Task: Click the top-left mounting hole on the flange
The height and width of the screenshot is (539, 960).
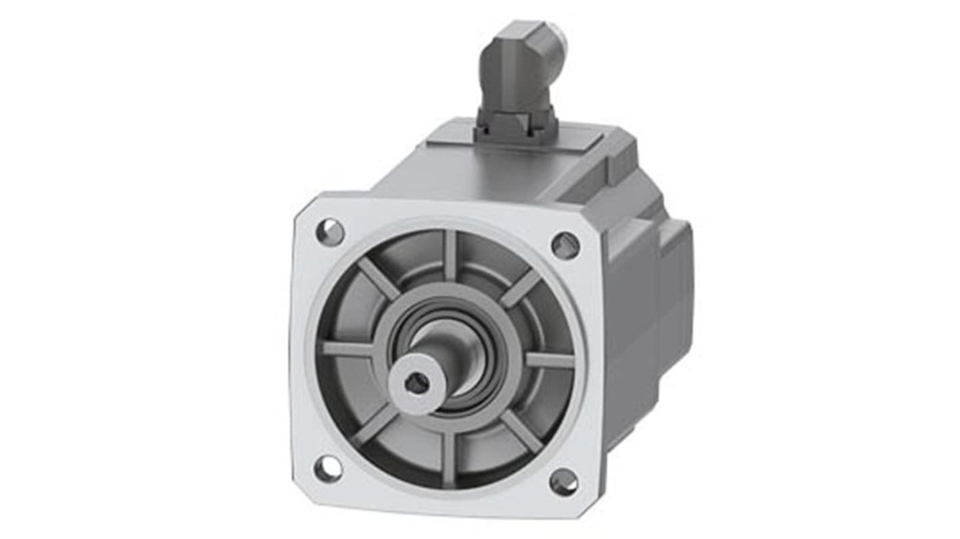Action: pyautogui.click(x=330, y=232)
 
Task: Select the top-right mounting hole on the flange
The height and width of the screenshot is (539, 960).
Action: pyautogui.click(x=565, y=245)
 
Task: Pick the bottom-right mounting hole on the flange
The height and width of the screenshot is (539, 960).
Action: pyautogui.click(x=563, y=482)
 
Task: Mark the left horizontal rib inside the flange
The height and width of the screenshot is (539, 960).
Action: pyautogui.click(x=347, y=349)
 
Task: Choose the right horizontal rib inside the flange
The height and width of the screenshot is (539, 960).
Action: pyautogui.click(x=549, y=360)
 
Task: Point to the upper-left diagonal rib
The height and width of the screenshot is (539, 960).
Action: pyautogui.click(x=378, y=277)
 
